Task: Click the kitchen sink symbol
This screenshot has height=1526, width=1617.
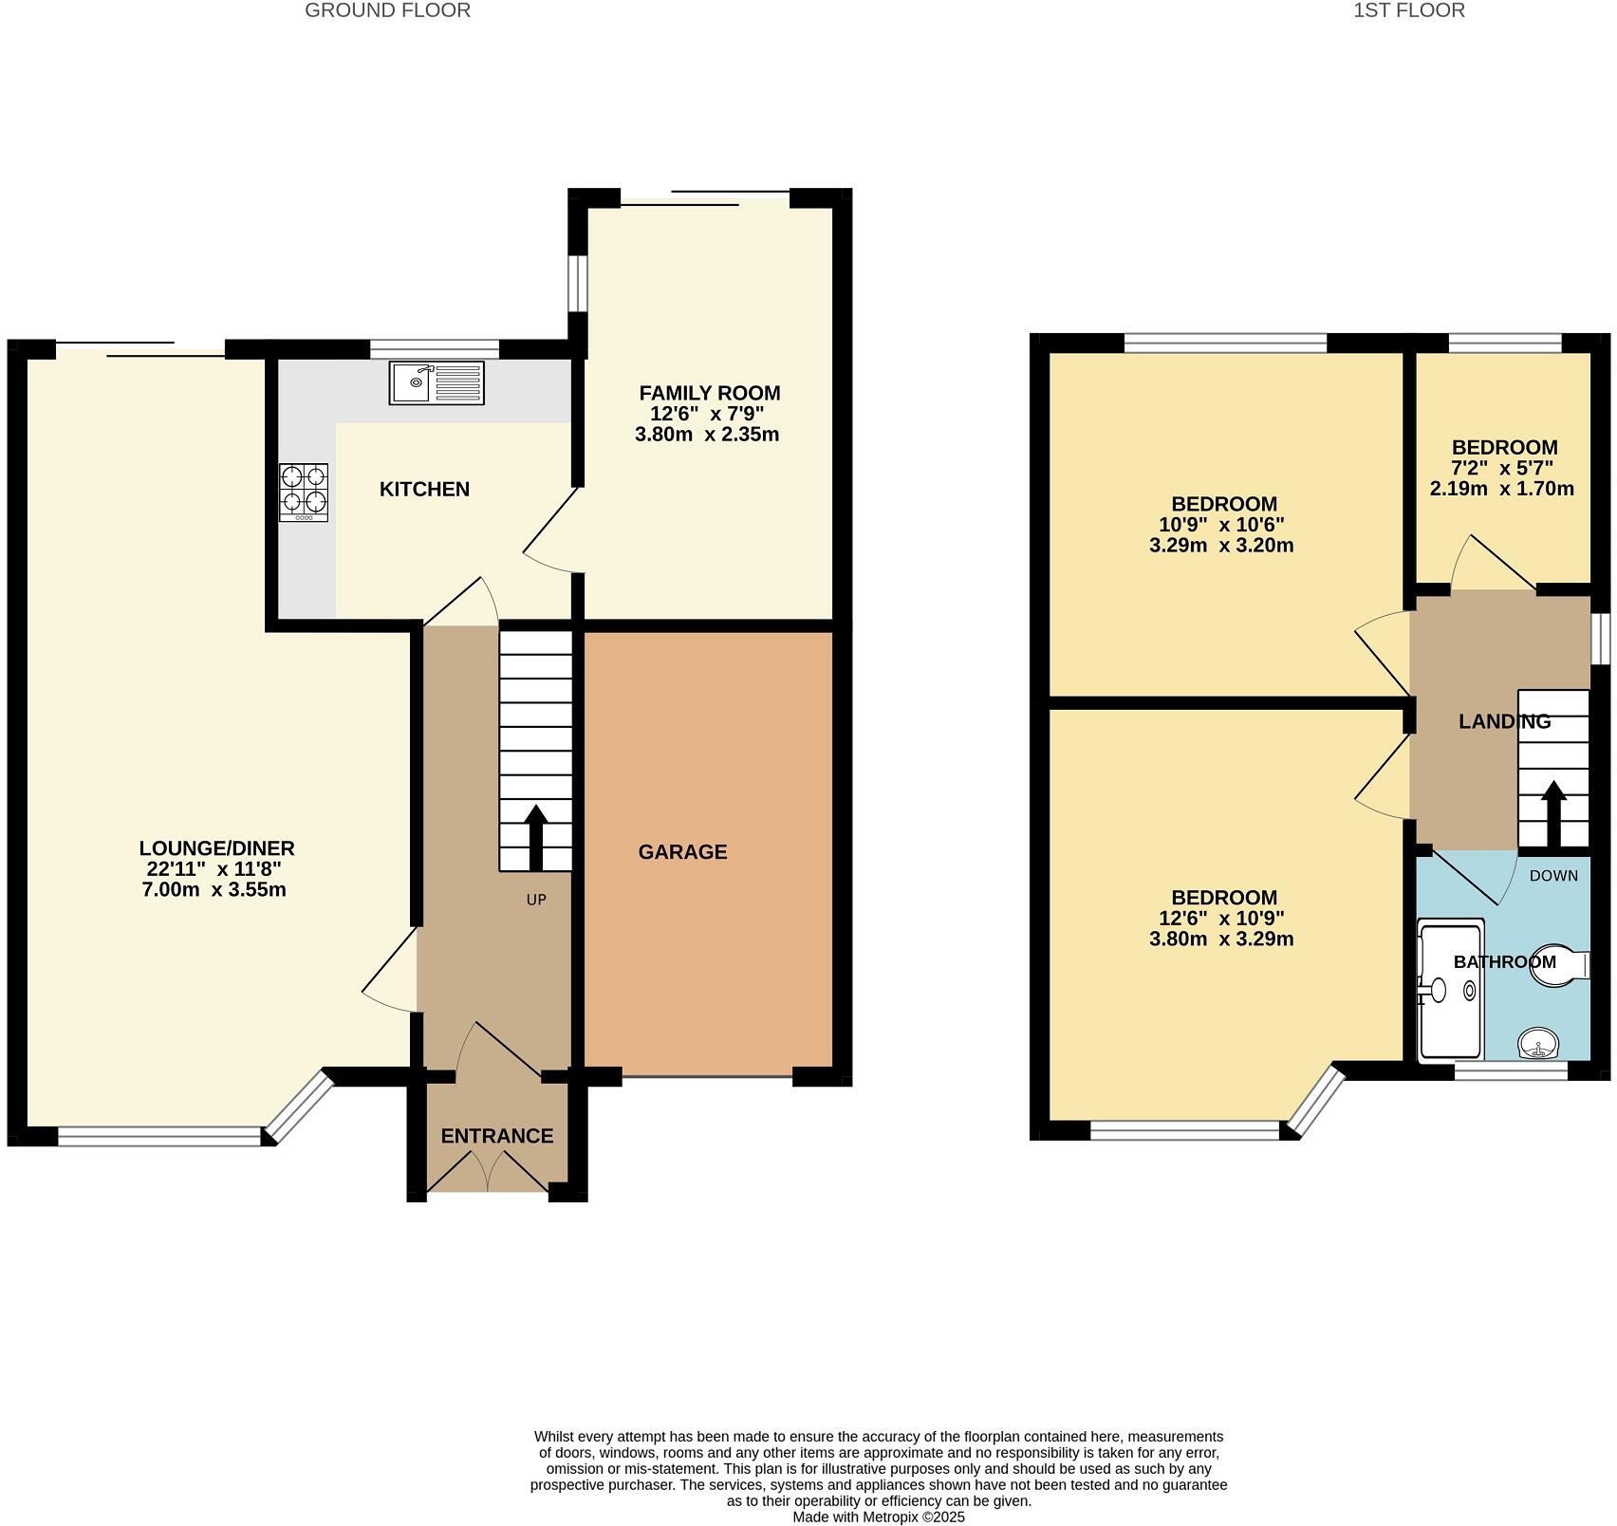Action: [436, 382]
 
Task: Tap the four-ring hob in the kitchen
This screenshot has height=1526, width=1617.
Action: [304, 492]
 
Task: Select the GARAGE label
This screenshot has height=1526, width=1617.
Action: [682, 852]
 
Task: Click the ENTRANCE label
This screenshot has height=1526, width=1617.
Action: [496, 1136]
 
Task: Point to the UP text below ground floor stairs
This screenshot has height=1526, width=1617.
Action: [536, 900]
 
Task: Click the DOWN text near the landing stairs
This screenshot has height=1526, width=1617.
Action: [1553, 876]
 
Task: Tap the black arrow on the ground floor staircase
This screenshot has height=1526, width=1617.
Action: [535, 836]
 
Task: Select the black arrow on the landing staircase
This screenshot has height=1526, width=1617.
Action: [1553, 813]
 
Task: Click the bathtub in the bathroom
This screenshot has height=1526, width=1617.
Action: [1449, 990]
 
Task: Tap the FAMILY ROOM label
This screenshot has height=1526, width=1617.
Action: [709, 393]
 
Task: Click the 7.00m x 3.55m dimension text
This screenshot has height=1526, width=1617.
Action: [214, 890]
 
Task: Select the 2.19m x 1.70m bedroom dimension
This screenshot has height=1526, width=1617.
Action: [1501, 490]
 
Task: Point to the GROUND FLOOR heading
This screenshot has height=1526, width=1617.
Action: [387, 10]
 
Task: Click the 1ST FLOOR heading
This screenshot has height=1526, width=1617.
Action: [1408, 10]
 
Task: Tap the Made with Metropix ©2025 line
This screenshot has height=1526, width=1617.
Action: [879, 1517]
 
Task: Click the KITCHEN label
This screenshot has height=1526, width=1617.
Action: [424, 490]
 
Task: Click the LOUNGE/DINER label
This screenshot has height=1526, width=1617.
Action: [216, 848]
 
